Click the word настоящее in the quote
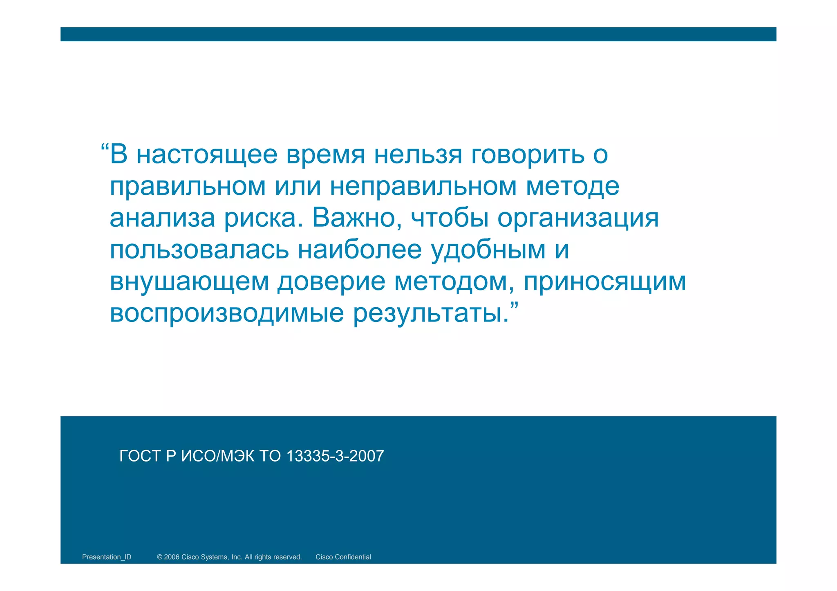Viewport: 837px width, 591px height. pyautogui.click(x=207, y=155)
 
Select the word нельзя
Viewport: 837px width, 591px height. pyautogui.click(x=418, y=155)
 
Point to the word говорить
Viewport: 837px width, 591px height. pyautogui.click(x=528, y=155)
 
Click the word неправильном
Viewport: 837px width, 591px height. pyautogui.click(x=423, y=187)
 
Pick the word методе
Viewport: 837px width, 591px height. pyautogui.click(x=572, y=187)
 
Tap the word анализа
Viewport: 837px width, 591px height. pyautogui.click(x=162, y=218)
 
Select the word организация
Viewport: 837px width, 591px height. pyautogui.click(x=578, y=218)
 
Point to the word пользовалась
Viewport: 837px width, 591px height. pyautogui.click(x=199, y=250)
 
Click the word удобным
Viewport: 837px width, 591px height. pyautogui.click(x=488, y=250)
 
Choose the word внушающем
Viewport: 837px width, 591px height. pyautogui.click(x=189, y=282)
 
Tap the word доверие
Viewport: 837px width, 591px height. pyautogui.click(x=331, y=282)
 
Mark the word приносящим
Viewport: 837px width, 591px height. pyautogui.click(x=605, y=282)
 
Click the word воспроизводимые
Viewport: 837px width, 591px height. pyautogui.click(x=227, y=314)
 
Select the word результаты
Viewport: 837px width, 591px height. pyautogui.click(x=431, y=314)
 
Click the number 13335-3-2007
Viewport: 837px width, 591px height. pyautogui.click(x=335, y=456)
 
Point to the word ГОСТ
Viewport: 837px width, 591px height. pyautogui.click(x=140, y=456)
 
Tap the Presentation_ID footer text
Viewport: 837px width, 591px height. pyautogui.click(x=107, y=557)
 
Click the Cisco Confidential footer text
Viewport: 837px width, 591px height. pyautogui.click(x=343, y=557)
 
